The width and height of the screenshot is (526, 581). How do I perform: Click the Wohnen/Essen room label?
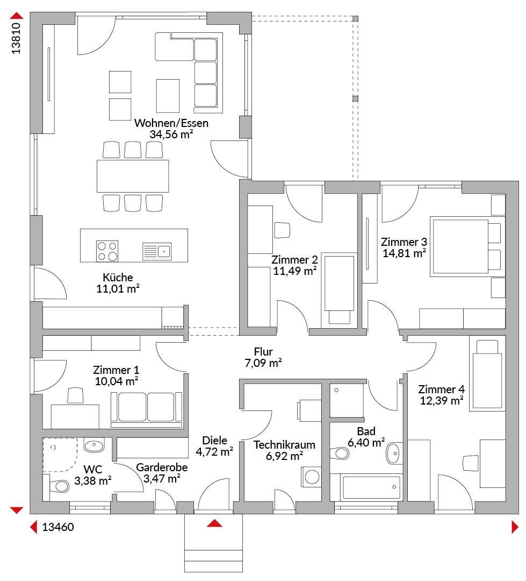click(171, 123)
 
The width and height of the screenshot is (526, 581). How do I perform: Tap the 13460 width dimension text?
click(58, 527)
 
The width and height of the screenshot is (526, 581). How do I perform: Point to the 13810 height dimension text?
click(16, 38)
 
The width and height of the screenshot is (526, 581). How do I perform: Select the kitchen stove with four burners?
click(107, 251)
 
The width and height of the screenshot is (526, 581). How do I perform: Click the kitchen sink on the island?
click(157, 251)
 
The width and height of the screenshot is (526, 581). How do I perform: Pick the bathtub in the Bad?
click(372, 487)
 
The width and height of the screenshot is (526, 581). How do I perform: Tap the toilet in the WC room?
click(58, 486)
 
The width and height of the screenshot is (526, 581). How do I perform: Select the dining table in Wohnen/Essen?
click(133, 176)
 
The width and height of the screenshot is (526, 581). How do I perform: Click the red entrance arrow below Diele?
click(215, 523)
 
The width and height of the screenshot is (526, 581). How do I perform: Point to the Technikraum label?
click(284, 445)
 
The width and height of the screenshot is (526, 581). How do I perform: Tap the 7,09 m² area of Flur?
click(263, 363)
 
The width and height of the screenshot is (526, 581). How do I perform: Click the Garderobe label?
click(162, 467)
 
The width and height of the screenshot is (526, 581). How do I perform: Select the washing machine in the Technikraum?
click(312, 477)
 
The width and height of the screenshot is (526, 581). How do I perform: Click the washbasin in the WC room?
click(94, 445)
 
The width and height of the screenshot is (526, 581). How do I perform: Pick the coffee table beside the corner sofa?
click(168, 96)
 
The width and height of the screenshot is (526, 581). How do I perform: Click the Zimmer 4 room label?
click(441, 389)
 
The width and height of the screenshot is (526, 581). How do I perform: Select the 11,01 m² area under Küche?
click(118, 289)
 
